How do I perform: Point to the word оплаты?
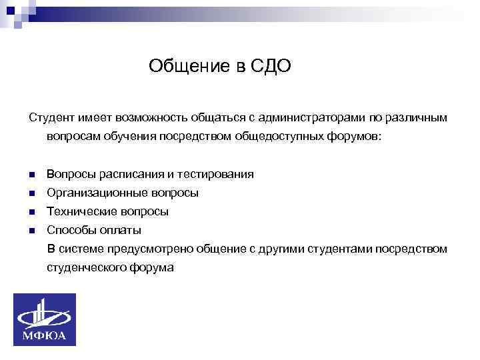121,231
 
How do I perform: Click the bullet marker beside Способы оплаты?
31,231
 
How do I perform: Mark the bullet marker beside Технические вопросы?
31,213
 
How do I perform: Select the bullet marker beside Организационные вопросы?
31,194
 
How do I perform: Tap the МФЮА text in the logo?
45,335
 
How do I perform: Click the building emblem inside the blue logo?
45,313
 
